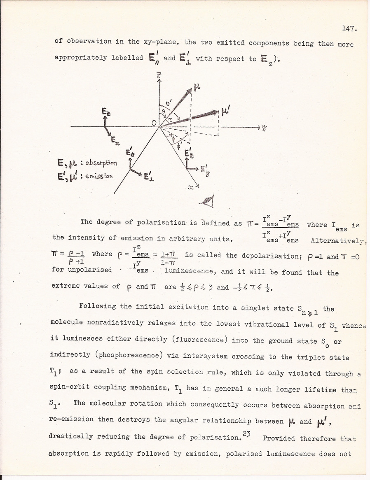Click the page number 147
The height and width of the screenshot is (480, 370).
point(348,28)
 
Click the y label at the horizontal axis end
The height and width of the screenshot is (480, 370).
point(263,128)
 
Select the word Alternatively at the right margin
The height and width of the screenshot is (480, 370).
point(338,240)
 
